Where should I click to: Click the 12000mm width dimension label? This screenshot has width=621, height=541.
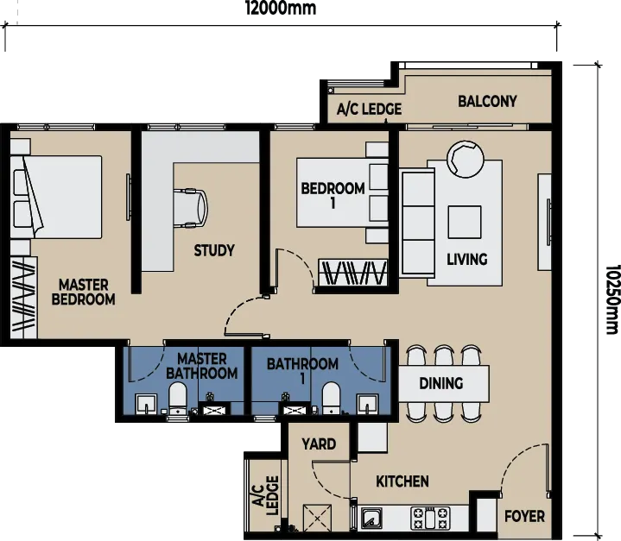coord(281,8)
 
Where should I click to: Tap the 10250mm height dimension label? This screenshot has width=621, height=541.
coord(611,299)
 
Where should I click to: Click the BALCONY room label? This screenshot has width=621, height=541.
coord(487,101)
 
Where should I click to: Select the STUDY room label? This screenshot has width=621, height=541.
coord(214,250)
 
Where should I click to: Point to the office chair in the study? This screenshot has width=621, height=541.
coord(191,208)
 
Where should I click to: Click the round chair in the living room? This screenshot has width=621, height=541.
coord(466,159)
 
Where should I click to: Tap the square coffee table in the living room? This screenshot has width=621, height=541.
coord(465,222)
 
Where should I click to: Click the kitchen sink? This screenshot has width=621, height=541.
coord(371,518)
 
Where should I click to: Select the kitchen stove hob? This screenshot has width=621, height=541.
coord(430,518)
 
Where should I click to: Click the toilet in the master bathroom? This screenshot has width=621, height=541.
coord(178,398)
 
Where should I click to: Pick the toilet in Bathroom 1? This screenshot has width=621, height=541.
coord(331,398)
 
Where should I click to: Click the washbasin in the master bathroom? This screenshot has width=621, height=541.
coord(147,404)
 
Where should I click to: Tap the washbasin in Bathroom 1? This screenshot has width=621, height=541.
coord(368,404)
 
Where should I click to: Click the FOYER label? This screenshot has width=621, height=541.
coord(524,516)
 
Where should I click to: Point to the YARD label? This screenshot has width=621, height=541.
coord(319,444)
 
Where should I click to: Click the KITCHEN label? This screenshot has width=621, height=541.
coord(402,481)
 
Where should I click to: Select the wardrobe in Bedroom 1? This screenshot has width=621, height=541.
coord(353,273)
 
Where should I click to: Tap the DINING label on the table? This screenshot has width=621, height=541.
coord(440,383)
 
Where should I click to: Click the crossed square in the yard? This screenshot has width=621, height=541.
coord(317,518)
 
